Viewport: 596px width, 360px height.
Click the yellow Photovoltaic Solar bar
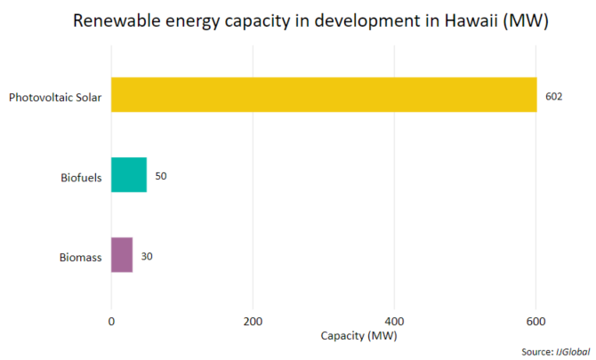coord(324,95)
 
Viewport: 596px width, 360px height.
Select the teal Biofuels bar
coord(129,175)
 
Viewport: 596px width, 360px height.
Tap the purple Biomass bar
coord(122,255)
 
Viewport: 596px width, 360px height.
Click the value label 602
coord(553,96)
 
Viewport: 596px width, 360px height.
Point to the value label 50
coord(160,176)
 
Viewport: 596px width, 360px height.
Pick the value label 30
coord(147,256)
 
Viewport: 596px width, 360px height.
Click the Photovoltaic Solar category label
coord(55,96)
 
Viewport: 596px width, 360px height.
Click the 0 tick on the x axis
coord(111,320)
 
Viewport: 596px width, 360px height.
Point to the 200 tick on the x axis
coord(253,320)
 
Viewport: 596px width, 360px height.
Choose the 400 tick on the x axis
coord(394,320)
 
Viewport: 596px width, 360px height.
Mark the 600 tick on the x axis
coord(536,320)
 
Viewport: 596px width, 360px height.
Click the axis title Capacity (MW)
coord(359,336)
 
